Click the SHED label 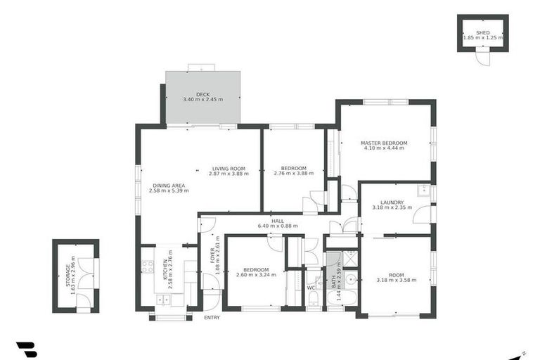[482, 32]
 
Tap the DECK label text [202, 94]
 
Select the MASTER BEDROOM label [384, 143]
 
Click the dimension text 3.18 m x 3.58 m [397, 280]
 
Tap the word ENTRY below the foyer [212, 318]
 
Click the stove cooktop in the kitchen [148, 266]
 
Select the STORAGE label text [68, 276]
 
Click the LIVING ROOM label [229, 169]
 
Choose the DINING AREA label [169, 186]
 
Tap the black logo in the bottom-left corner [26, 349]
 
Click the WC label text [311, 288]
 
